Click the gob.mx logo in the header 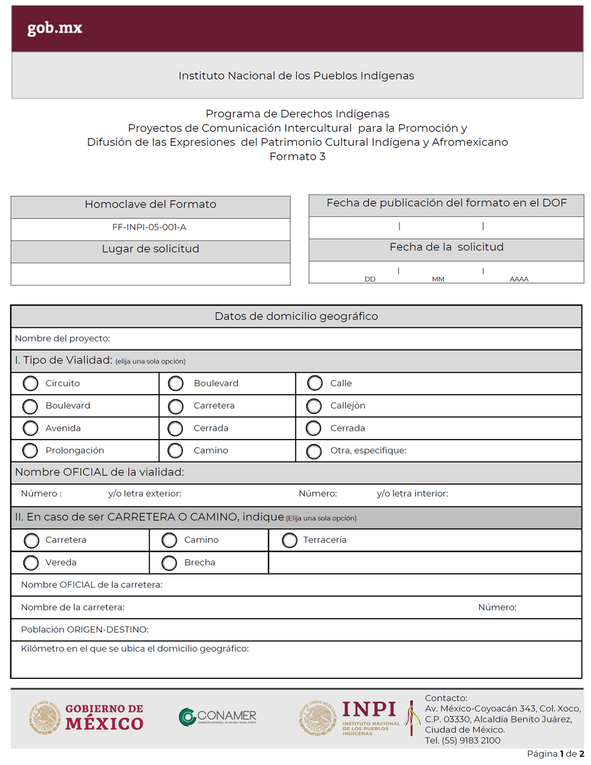[x=55, y=29]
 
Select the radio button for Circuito [x=30, y=384]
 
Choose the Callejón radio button [x=314, y=406]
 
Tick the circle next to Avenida [x=30, y=429]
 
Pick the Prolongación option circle [x=30, y=451]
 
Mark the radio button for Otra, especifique [x=314, y=451]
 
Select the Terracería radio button [x=290, y=540]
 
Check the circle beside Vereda [x=30, y=563]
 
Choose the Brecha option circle [x=169, y=563]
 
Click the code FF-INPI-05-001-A [x=149, y=227]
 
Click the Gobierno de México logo [x=86, y=717]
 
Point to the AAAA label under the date [x=519, y=279]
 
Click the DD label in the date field [x=370, y=279]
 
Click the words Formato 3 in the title [x=297, y=157]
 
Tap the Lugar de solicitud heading [x=150, y=249]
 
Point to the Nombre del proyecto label [x=62, y=338]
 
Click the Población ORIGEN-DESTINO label [x=85, y=630]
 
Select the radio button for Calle [x=314, y=384]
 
